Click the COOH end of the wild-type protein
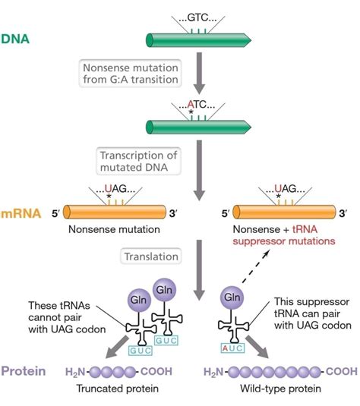(339, 373)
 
